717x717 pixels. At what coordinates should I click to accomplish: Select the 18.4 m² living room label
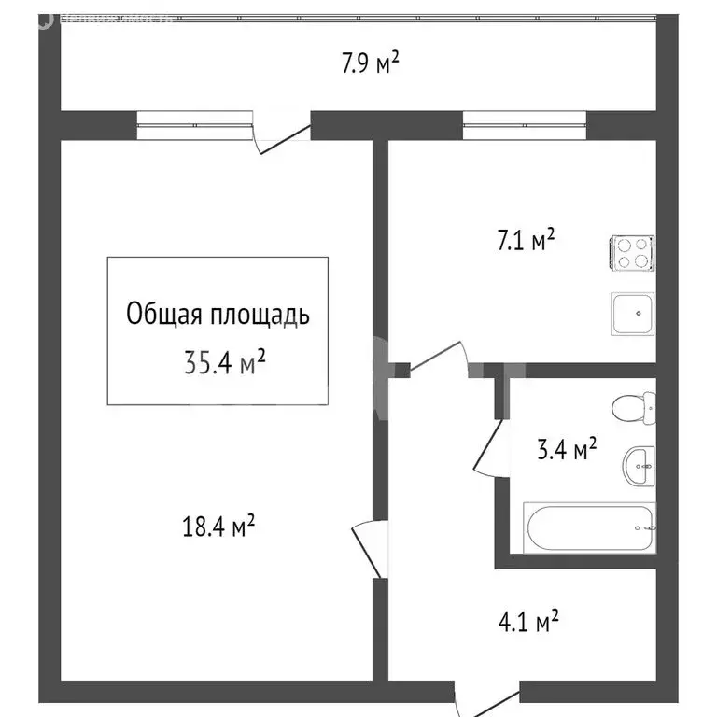coord(218,528)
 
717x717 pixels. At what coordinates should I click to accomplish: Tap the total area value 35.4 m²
coord(225,359)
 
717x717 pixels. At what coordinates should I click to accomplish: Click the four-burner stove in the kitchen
coord(632,253)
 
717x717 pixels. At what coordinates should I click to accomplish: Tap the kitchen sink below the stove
coord(632,314)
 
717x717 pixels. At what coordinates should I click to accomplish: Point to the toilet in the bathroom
coord(634,407)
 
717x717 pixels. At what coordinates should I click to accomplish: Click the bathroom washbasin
coord(640,464)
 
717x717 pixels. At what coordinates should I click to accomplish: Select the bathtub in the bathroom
coord(590,528)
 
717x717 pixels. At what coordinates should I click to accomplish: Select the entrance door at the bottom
coord(485,701)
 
